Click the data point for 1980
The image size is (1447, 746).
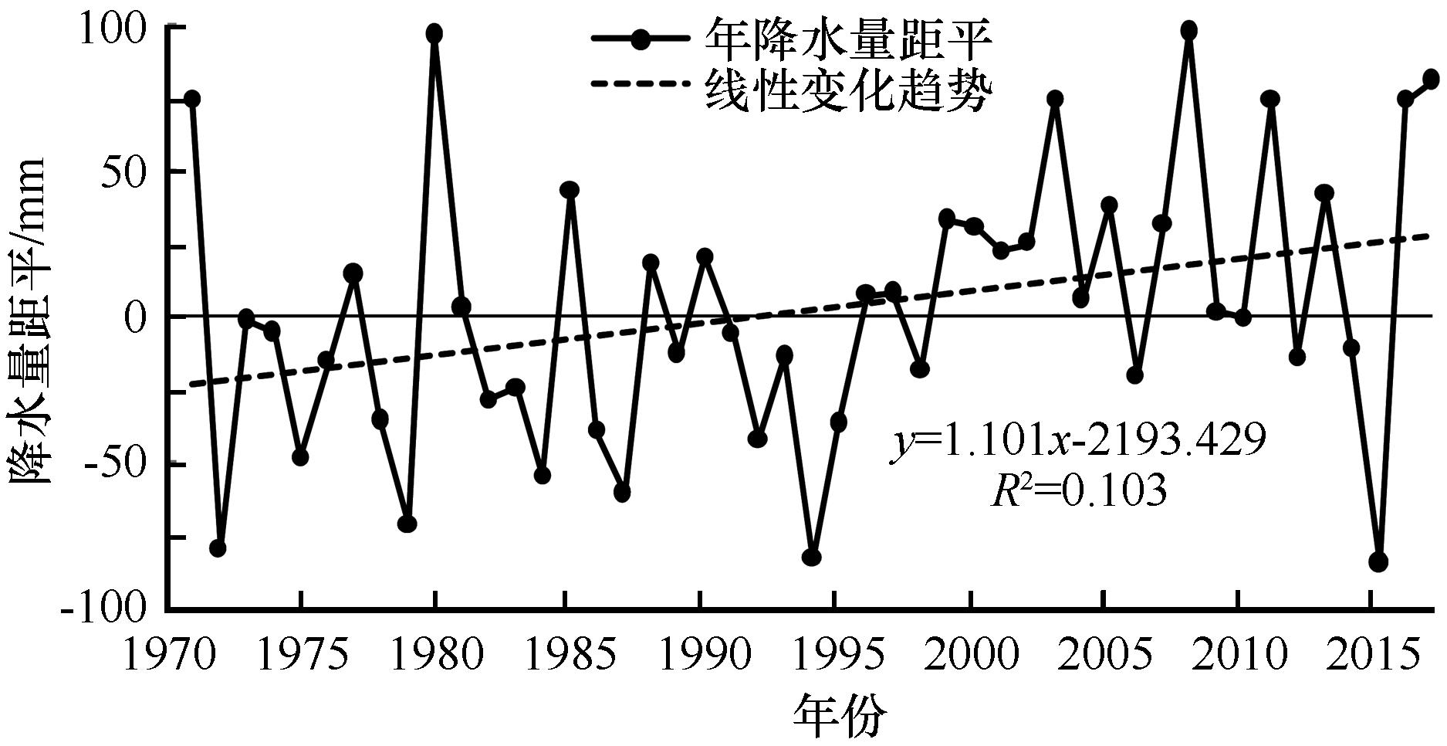434,33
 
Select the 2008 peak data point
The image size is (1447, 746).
1188,30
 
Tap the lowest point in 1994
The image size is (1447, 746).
811,557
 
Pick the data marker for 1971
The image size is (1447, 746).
192,99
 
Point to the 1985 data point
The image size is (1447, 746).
570,190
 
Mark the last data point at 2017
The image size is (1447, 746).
1431,79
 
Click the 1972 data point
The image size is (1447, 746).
218,548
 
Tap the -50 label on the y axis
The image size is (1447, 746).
110,465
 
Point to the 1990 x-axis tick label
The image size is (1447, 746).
699,655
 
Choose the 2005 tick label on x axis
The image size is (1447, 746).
1104,655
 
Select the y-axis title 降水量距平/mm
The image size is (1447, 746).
29,320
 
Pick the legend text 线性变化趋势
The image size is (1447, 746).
847,94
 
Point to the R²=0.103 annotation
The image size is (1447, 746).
1078,491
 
